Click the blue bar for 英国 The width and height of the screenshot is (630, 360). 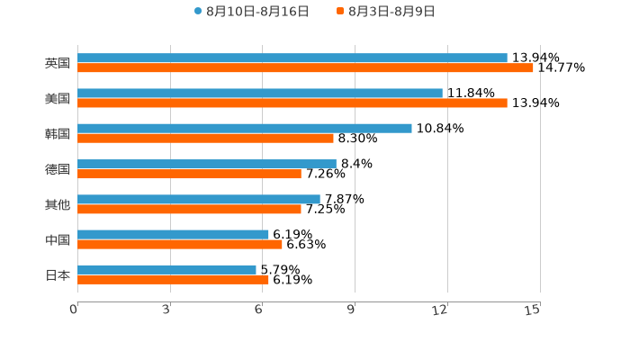pos(292,58)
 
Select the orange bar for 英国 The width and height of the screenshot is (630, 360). pos(305,67)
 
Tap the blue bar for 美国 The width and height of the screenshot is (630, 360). pos(260,93)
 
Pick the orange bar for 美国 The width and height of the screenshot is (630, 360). pos(292,103)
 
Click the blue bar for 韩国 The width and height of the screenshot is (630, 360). pos(245,128)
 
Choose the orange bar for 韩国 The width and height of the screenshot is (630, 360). pos(205,138)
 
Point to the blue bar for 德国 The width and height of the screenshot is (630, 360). pos(207,164)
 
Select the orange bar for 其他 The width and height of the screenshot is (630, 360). pos(189,209)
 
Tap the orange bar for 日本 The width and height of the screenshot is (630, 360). pos(173,279)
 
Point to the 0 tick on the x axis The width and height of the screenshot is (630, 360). pos(74,310)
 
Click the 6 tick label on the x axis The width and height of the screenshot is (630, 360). pos(258,310)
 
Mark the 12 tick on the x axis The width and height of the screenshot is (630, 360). pos(440,310)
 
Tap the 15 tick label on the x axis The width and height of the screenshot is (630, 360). pos(533,310)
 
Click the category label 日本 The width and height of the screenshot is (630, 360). pos(58,274)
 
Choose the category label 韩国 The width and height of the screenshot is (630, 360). pos(58,133)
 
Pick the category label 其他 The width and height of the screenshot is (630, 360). pos(58,204)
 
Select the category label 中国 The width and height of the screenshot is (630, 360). pos(58,239)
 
